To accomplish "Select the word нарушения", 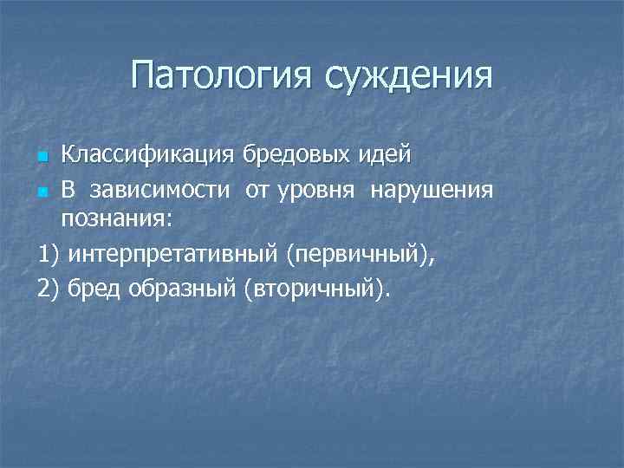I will (432, 189).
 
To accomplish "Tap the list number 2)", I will (49, 285).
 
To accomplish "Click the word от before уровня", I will (257, 189).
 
